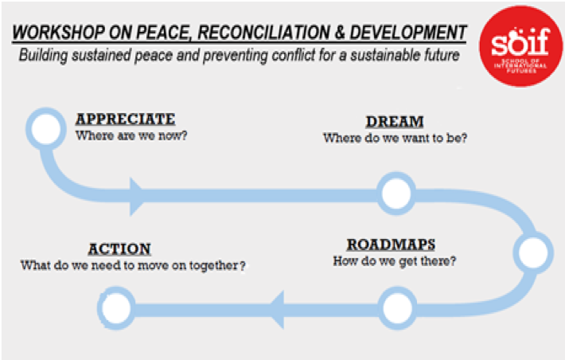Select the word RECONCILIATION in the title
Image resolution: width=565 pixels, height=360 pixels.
pos(263,33)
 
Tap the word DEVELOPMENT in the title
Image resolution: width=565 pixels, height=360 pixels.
pos(408,33)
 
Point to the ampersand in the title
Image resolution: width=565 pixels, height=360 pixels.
pos(340,33)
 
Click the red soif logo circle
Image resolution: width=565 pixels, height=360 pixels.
pos(520,46)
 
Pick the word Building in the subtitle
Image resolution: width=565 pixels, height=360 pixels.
pos(43,56)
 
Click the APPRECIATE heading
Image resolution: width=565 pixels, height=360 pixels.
pos(126,119)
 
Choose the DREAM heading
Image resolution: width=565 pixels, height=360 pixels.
pos(395,122)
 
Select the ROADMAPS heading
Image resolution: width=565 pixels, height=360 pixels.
pos(391,245)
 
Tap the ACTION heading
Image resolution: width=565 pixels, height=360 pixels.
pos(119,249)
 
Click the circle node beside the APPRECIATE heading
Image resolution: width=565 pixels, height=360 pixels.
pos(46,129)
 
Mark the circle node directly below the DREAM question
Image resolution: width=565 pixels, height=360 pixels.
pos(396,194)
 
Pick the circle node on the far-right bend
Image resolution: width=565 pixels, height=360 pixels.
pos(533,252)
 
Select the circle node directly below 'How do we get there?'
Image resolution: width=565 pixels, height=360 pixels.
pos(397,308)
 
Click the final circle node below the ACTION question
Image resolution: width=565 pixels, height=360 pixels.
pos(116,308)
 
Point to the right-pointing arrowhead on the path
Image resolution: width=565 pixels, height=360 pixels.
pos(137,196)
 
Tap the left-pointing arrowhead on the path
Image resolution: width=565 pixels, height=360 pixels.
pos(277,310)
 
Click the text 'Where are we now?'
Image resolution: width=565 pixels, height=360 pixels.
pos(131,135)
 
